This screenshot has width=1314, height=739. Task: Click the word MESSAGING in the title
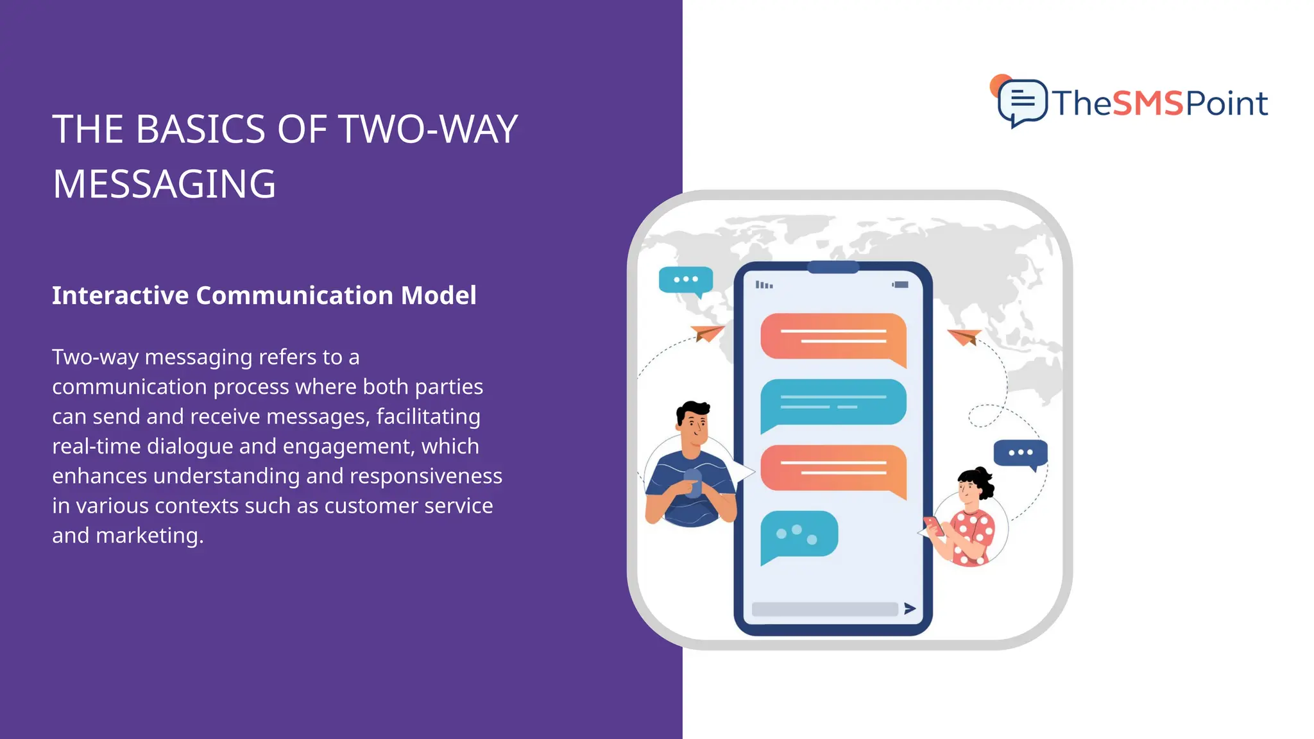coord(164,185)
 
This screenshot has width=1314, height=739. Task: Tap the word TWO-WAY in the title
coord(428,130)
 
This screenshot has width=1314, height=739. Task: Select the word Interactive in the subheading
coord(120,296)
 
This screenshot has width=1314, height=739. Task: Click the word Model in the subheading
coord(438,296)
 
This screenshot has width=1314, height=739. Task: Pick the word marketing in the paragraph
coord(147,536)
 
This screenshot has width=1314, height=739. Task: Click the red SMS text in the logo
coord(1148,103)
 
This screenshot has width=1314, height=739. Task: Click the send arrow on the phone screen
coord(910,608)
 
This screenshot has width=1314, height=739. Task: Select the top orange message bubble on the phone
coord(833,337)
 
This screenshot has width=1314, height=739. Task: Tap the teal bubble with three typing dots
coord(799,535)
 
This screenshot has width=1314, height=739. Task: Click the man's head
coord(693,423)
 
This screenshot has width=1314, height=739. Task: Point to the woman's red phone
coord(934,525)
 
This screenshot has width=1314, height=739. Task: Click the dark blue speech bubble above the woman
coord(1020,453)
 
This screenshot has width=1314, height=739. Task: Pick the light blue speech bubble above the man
coord(686,280)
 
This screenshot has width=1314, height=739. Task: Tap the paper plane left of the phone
coord(707,333)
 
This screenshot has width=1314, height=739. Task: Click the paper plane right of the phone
coord(965,336)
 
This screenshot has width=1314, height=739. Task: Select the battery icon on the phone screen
coord(901,284)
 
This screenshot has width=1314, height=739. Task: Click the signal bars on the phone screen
coord(764,285)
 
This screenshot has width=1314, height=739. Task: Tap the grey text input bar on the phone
coord(824,609)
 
